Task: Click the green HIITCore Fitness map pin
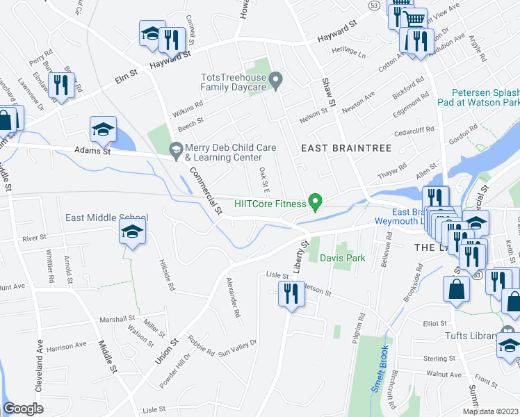tap(316, 202)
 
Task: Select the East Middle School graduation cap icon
tap(131, 234)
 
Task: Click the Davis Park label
tap(342, 258)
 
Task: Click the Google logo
tap(24, 408)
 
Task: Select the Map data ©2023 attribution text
tap(490, 411)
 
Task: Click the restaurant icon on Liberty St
tap(289, 295)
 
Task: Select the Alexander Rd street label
tap(233, 297)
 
